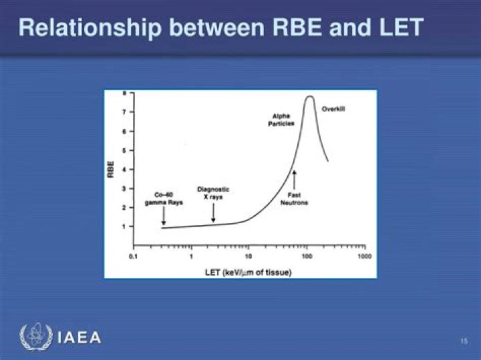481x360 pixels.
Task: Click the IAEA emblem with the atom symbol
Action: (x=34, y=337)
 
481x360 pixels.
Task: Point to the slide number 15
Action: (x=464, y=342)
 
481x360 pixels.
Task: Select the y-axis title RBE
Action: (x=111, y=169)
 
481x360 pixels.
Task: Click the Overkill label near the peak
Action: (x=333, y=108)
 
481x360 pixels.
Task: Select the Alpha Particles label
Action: (x=281, y=120)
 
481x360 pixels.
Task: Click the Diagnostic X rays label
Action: (x=213, y=193)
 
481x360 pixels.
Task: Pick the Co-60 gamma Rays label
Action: (x=164, y=198)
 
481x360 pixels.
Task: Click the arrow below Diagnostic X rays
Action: (x=213, y=213)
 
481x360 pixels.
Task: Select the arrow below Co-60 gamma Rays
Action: (x=164, y=217)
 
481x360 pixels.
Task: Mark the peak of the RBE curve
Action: (x=309, y=97)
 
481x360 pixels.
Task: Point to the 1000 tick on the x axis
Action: (x=364, y=256)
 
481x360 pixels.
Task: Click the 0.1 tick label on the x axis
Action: (x=133, y=256)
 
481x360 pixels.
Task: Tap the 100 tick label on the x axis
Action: (x=307, y=256)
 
